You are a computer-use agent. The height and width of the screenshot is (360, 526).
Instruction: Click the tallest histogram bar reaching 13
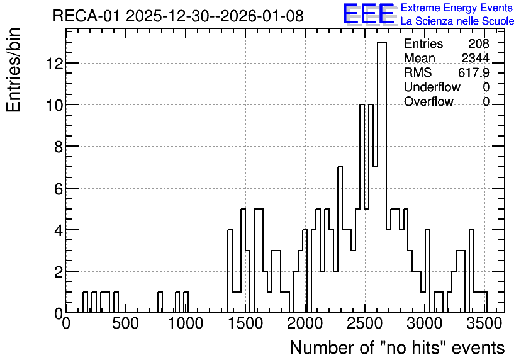382,177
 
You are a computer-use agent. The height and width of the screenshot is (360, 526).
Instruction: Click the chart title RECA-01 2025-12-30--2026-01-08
178,16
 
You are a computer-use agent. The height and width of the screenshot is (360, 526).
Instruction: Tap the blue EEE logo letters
369,14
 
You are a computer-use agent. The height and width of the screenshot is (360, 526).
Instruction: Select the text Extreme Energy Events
457,8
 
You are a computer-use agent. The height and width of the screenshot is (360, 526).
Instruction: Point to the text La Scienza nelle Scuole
457,21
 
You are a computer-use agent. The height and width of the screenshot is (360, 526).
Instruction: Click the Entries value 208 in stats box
479,43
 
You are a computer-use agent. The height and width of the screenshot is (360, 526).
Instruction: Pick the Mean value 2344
475,58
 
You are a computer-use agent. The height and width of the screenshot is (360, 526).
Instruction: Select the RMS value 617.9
473,72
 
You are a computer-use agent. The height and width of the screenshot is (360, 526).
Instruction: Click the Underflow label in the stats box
432,87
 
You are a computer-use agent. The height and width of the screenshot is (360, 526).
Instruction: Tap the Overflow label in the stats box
428,101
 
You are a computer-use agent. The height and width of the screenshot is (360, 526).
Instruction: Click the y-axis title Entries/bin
13,70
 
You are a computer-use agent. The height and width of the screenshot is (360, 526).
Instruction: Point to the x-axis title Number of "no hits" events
397,347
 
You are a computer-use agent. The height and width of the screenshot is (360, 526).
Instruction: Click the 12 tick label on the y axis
54,63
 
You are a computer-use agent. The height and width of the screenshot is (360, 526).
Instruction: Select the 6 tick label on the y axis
59,188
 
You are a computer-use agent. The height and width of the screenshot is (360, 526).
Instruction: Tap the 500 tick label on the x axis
125,323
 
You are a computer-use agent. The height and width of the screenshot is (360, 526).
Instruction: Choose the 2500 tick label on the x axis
365,323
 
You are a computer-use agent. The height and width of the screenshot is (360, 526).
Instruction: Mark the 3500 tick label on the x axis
484,323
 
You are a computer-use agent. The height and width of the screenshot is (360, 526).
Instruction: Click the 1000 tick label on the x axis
186,323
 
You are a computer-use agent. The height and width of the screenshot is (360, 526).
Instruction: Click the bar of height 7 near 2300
340,240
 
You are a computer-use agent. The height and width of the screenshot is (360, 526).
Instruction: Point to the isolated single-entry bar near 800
160,303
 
